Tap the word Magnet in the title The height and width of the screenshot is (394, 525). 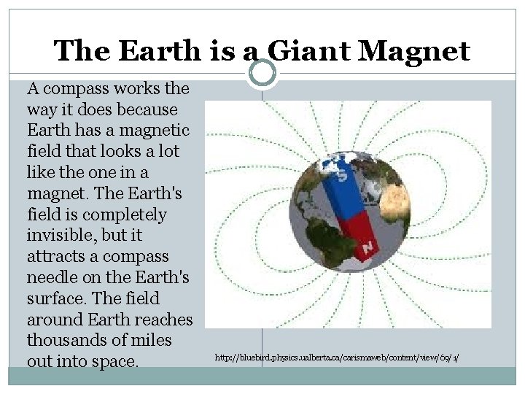(415, 50)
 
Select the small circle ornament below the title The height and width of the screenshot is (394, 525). (262, 72)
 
